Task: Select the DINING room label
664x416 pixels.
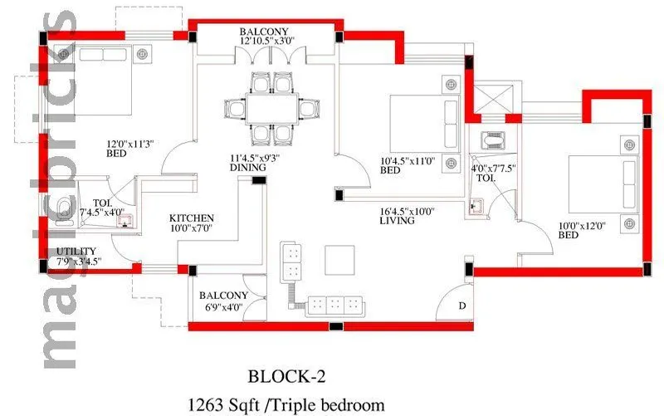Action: (248, 168)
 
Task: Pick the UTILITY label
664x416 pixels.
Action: (76, 252)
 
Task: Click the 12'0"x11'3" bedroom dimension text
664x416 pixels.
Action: (105, 142)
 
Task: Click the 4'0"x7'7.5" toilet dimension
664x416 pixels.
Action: (495, 167)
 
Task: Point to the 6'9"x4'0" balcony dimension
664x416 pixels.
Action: (223, 306)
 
